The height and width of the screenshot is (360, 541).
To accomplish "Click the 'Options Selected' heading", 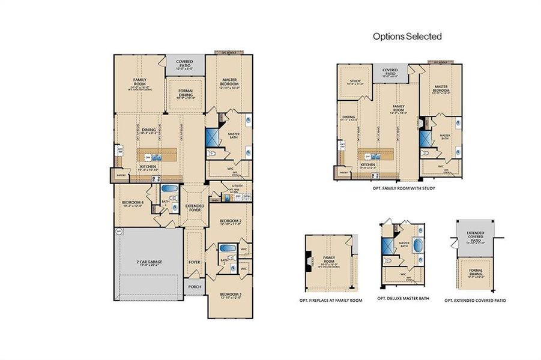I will [407, 37].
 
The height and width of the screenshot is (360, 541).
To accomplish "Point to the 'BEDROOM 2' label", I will [231, 221].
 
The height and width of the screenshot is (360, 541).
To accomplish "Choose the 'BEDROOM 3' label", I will [231, 295].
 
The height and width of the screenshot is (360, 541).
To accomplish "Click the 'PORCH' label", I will [195, 287].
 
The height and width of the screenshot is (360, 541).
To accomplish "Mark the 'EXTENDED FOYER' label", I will [194, 208].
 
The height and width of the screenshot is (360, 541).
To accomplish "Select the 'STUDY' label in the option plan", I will [354, 80].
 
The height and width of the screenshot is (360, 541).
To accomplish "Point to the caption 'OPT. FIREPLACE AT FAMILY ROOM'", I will [331, 299].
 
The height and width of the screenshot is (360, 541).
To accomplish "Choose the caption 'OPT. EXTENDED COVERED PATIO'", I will [475, 299].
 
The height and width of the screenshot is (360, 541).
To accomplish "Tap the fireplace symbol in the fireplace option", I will [309, 261].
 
